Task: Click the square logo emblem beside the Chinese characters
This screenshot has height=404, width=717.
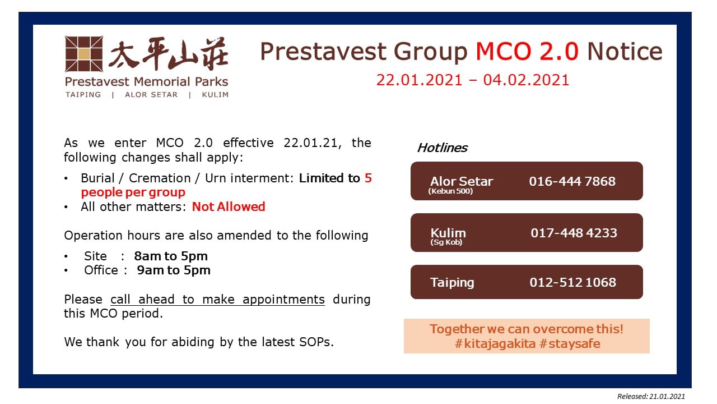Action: pos(84,54)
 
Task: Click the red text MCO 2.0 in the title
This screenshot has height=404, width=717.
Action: pos(527,51)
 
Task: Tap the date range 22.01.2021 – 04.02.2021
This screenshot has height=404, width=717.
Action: pos(472,80)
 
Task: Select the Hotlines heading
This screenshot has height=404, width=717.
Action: pos(442,148)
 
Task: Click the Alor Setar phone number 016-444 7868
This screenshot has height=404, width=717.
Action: pos(572,181)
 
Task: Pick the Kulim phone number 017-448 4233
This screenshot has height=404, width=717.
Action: pos(574,233)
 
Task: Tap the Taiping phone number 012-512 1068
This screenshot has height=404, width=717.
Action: pos(572,282)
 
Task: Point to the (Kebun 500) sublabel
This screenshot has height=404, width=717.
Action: pos(450,191)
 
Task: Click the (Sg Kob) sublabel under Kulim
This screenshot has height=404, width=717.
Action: pos(446,242)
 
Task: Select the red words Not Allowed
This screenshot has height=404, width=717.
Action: pos(229,207)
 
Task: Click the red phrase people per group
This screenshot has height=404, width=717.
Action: pos(133,192)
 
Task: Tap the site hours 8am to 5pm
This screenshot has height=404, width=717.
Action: pos(171,256)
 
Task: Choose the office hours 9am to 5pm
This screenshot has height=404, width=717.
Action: pos(174,270)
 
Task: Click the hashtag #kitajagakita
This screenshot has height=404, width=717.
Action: pos(495,344)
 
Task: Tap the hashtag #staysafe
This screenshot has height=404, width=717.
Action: pos(570,344)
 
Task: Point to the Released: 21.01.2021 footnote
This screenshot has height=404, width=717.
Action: pos(651,397)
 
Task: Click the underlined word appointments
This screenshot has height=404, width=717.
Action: pos(283,300)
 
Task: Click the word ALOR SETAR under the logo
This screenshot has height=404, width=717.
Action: pos(151,95)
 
